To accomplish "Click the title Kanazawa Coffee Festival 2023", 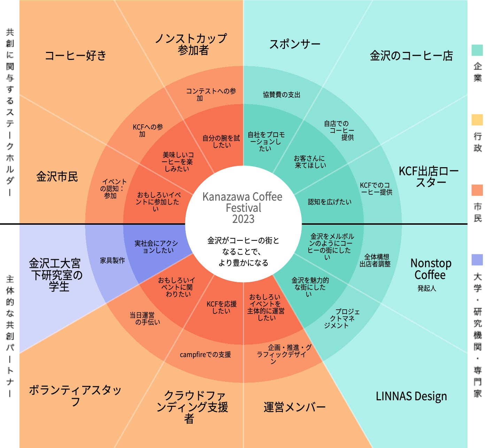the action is tap(243, 208).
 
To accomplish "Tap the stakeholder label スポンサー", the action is tap(295, 44).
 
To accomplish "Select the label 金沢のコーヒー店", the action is tap(412, 56).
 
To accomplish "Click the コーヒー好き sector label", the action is tap(76, 55).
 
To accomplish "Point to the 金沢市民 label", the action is tap(57, 177).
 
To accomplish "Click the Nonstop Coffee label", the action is tap(431, 269).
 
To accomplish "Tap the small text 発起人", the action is tap(427, 288).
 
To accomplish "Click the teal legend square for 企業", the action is tap(477, 50).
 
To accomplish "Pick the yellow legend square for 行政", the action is tap(477, 120).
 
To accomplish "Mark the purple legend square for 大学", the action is tap(477, 260).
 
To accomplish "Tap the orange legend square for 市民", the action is tap(477, 190).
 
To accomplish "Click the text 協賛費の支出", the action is tap(281, 94).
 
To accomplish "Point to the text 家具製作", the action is tap(113, 261).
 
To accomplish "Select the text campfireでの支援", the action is tap(206, 355).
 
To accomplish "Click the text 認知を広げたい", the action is tap(330, 202).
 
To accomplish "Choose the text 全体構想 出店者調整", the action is tap(375, 261).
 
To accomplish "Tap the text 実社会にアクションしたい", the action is tap(156, 247).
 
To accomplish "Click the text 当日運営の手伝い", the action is tap(145, 319).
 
